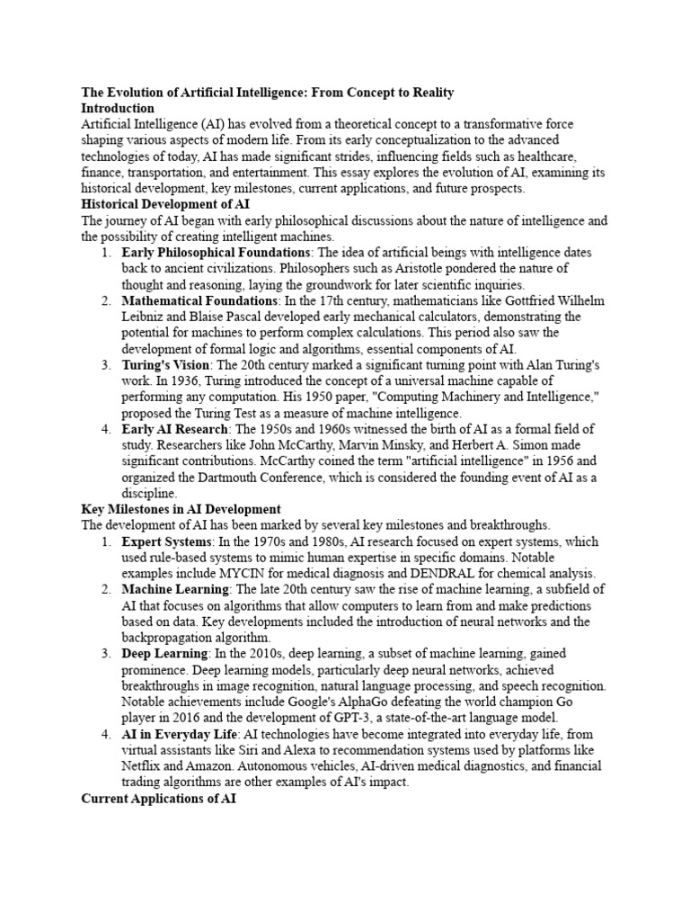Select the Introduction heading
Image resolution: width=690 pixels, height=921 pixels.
pos(119,108)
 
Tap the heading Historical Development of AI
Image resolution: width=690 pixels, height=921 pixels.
pos(159,204)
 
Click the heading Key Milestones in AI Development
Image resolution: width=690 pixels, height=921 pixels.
pos(181,509)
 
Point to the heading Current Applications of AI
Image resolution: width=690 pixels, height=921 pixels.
pos(158,798)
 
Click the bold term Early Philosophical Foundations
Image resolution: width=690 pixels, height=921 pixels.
pos(216,253)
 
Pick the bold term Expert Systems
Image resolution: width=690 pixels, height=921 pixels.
pos(167,542)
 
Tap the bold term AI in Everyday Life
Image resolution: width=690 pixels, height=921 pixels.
pos(179,735)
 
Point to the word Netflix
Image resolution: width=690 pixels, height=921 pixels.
pos(143,766)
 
